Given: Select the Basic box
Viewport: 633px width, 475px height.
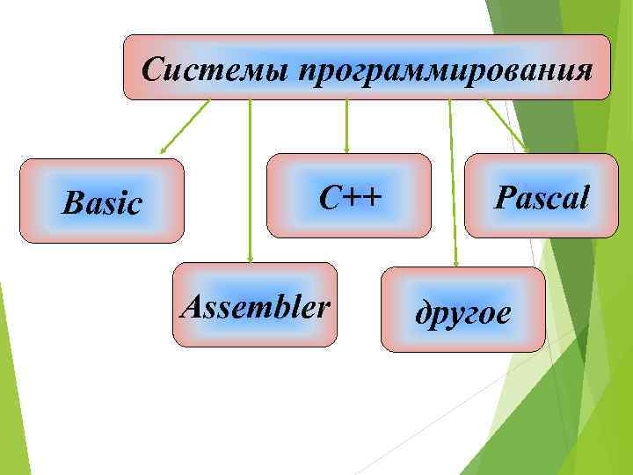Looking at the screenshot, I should click(x=102, y=201).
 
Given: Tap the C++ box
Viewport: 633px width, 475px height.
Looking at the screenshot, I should click(x=349, y=195).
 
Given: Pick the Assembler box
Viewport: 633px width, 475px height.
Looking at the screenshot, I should click(x=255, y=304).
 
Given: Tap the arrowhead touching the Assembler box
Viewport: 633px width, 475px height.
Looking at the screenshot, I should click(x=251, y=259).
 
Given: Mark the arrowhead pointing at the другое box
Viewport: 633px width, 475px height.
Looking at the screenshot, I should click(x=455, y=261).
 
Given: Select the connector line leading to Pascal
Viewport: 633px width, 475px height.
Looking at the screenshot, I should click(x=506, y=124).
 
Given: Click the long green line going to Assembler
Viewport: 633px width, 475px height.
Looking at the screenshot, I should click(x=251, y=176).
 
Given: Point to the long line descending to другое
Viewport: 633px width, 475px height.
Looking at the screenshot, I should click(x=452, y=176).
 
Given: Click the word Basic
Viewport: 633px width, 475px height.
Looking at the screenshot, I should click(x=102, y=203).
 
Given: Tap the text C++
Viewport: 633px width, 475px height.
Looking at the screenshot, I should click(x=350, y=198).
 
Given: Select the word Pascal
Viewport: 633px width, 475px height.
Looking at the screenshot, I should click(x=541, y=197).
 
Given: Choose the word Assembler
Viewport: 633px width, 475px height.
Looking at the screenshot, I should click(x=255, y=306).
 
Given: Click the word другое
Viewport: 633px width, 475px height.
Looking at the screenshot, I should click(x=462, y=312).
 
